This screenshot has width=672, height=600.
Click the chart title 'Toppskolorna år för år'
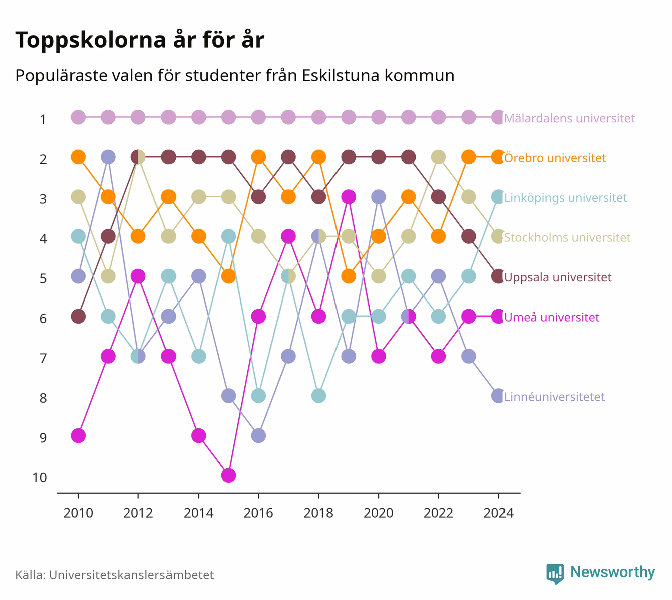tap(139, 40)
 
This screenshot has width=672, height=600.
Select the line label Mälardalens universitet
tap(569, 118)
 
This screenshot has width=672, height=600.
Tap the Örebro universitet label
tap(555, 158)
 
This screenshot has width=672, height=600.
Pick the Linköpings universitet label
tap(566, 198)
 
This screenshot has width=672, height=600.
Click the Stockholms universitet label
tap(567, 237)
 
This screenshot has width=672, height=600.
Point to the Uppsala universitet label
tap(558, 277)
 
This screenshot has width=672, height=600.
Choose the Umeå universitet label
tap(552, 317)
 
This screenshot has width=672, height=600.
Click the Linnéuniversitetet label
tap(554, 397)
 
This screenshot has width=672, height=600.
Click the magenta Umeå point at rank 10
tap(229, 475)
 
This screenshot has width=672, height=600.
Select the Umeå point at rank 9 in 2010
tap(78, 435)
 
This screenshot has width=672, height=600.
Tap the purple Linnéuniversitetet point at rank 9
tap(258, 435)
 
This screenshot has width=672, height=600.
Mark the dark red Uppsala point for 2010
tap(78, 316)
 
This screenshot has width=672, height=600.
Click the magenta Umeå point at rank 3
tap(349, 197)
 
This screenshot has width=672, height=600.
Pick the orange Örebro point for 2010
tap(78, 157)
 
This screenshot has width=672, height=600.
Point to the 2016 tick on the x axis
tap(258, 496)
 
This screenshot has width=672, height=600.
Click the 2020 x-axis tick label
tap(379, 513)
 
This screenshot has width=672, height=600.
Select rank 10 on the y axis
tap(40, 478)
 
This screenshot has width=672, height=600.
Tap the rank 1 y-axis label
tap(43, 120)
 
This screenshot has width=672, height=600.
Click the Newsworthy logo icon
tap(555, 574)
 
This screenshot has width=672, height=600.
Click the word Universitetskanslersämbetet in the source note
tap(131, 575)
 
